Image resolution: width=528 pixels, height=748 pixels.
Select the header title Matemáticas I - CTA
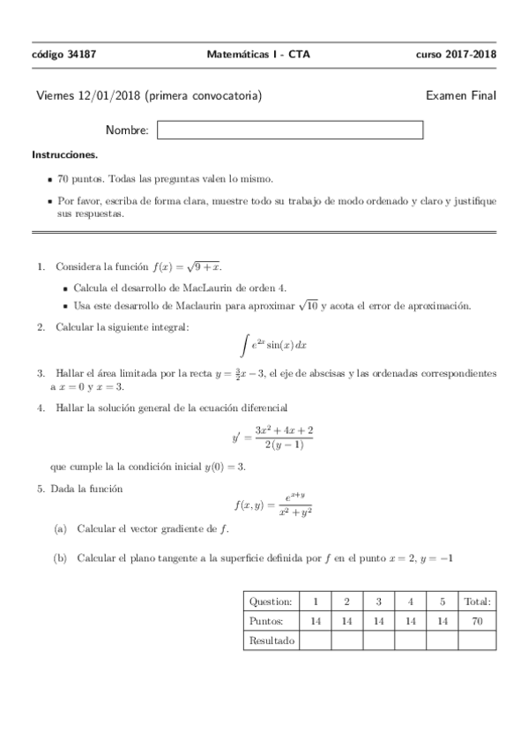[x=257, y=54]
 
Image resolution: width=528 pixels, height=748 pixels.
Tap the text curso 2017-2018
[x=456, y=54]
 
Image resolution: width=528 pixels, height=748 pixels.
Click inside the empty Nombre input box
[x=289, y=131]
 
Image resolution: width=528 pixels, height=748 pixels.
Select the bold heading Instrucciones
[x=64, y=154]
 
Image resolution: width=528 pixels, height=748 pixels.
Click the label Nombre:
[x=127, y=131]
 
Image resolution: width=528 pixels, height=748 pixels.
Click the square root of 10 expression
[x=309, y=305]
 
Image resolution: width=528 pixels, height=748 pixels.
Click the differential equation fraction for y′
[x=284, y=437]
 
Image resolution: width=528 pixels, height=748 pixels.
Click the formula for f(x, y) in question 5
[x=273, y=505]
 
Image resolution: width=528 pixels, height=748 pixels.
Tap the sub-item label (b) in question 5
[x=60, y=557]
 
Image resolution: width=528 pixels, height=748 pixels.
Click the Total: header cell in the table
[x=477, y=602]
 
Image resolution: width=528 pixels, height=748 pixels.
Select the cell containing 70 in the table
[x=477, y=621]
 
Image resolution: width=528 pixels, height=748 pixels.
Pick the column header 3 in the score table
[x=378, y=602]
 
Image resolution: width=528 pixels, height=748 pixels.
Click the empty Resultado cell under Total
[x=477, y=640]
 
